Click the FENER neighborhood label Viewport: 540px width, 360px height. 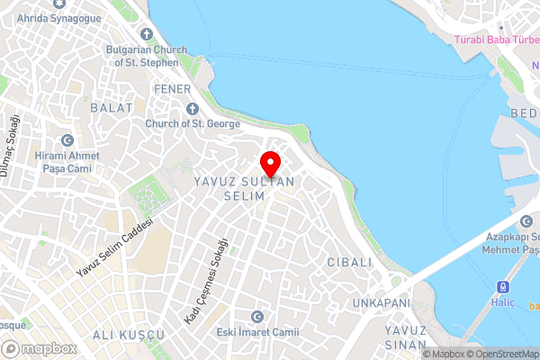point(172,89)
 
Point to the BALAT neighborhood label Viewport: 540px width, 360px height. point(112,107)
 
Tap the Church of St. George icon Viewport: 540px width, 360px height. point(192,109)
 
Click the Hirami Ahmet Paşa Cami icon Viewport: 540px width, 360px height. point(67,140)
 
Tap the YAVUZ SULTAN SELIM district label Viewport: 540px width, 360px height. point(244,188)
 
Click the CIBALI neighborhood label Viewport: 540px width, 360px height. point(350,262)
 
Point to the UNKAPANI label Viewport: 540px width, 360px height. point(382,302)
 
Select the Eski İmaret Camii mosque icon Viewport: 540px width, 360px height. point(257,316)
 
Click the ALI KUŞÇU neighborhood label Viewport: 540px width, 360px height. point(128,335)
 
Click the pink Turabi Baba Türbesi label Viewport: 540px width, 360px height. point(496,40)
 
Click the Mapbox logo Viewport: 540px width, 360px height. point(40,348)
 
